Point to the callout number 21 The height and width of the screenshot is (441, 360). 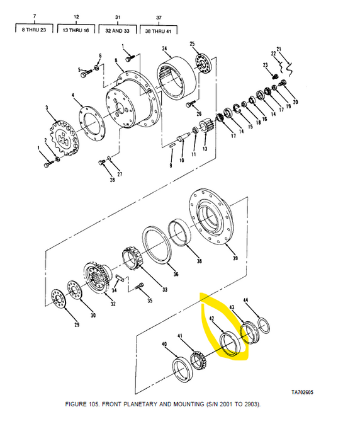(x=278, y=48)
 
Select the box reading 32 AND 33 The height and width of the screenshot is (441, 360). (x=117, y=30)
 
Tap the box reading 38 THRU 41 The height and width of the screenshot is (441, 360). (x=159, y=30)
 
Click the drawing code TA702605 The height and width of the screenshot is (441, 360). (x=302, y=392)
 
